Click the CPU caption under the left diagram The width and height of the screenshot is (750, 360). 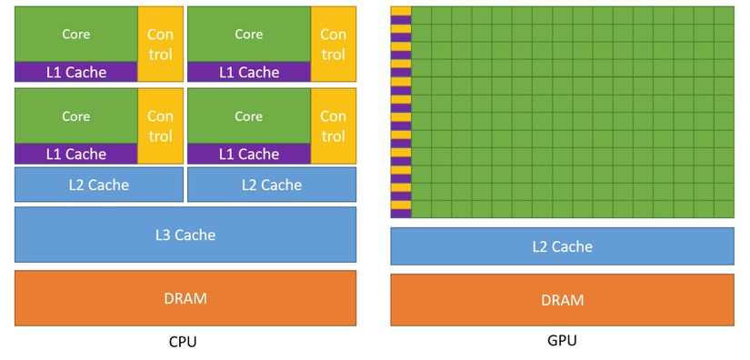tap(183, 343)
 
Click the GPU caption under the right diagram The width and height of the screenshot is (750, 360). tap(562, 341)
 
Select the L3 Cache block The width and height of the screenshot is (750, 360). tap(185, 235)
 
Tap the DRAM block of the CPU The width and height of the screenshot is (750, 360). tap(185, 297)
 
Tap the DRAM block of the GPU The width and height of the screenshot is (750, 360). tap(562, 299)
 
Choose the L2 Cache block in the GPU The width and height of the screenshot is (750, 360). tap(562, 246)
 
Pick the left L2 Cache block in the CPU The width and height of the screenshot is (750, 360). tap(98, 185)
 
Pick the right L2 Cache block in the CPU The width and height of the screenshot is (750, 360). tap(271, 185)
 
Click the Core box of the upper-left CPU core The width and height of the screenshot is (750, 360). tap(75, 34)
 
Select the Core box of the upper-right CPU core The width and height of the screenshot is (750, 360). tap(248, 34)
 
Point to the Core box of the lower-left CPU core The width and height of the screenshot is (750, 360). tap(75, 116)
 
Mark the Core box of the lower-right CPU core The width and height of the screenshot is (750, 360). tap(248, 116)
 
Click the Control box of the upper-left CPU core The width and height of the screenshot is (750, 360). tap(160, 44)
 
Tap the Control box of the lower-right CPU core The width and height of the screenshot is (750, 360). tap(333, 125)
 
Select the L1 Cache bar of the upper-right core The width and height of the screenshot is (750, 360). tap(248, 72)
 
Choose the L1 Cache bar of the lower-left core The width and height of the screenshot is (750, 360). tap(75, 154)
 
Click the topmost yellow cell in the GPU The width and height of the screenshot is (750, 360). tap(400, 11)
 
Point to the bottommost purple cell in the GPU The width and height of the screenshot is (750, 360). tap(400, 214)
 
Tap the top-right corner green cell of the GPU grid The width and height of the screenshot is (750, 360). tap(724, 15)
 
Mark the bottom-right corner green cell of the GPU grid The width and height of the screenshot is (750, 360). tap(724, 209)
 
